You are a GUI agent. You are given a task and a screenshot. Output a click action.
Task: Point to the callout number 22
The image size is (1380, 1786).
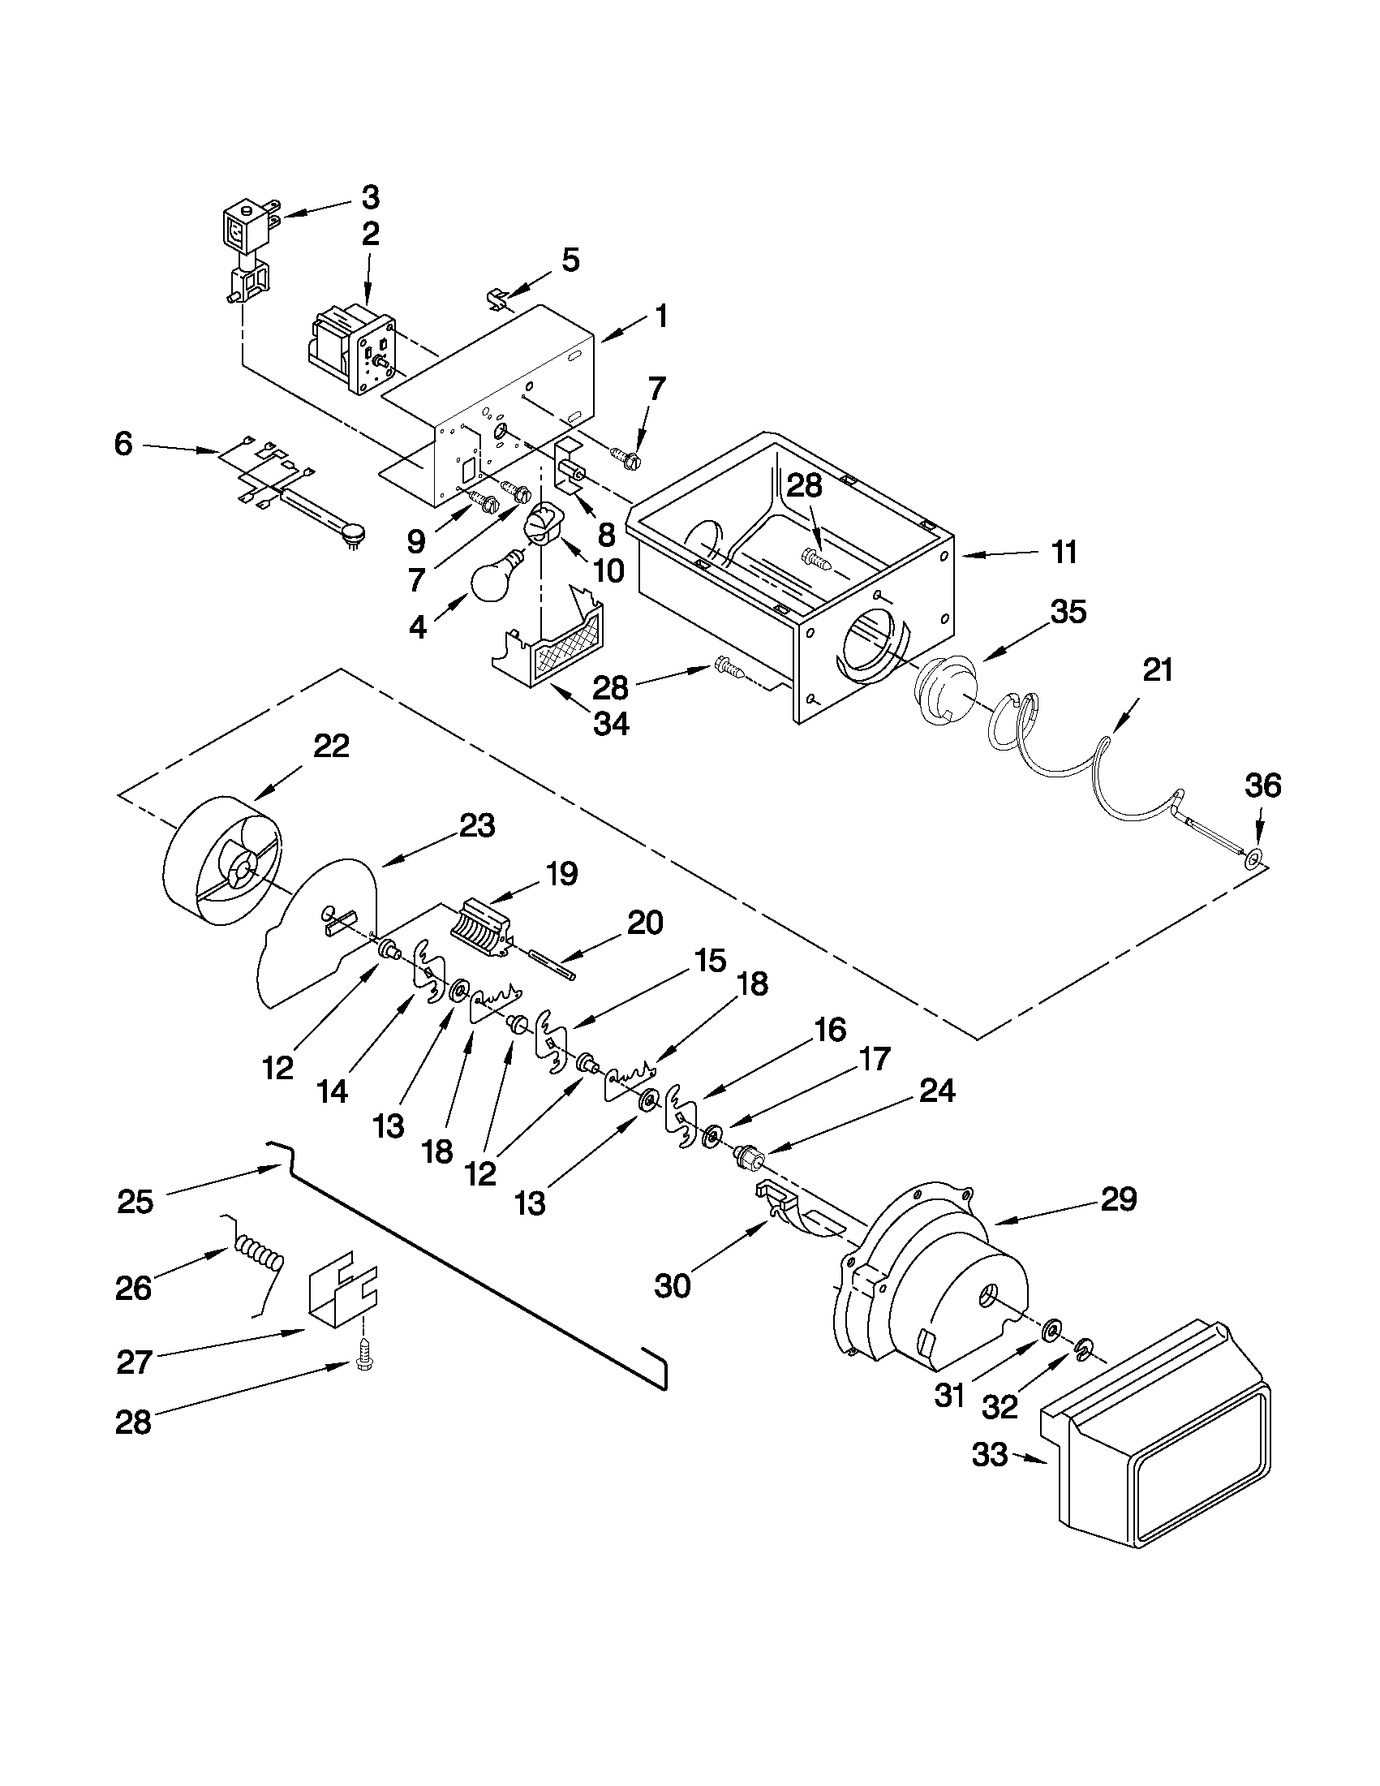pyautogui.click(x=332, y=746)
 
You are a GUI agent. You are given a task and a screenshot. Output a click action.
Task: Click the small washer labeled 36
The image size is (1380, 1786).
pyautogui.click(x=1253, y=858)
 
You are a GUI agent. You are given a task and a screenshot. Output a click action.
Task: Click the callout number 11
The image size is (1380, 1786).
pyautogui.click(x=1064, y=553)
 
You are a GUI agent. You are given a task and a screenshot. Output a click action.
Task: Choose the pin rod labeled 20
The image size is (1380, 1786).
pyautogui.click(x=552, y=962)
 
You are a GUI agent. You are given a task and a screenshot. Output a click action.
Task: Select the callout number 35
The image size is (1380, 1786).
pyautogui.click(x=1067, y=611)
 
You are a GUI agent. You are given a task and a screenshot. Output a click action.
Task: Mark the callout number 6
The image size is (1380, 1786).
pyautogui.click(x=123, y=445)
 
